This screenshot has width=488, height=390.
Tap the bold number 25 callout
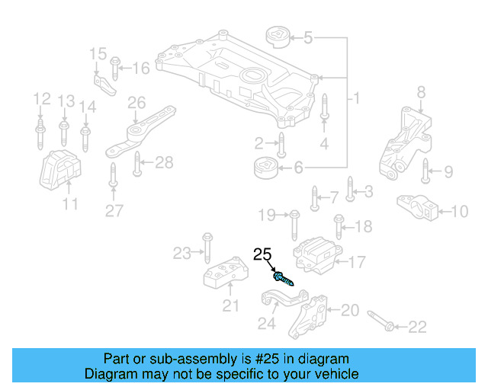click(x=262, y=254)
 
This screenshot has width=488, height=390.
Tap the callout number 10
click(x=460, y=212)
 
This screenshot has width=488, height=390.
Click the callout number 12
click(x=41, y=99)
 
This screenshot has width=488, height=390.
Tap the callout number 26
click(x=136, y=103)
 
